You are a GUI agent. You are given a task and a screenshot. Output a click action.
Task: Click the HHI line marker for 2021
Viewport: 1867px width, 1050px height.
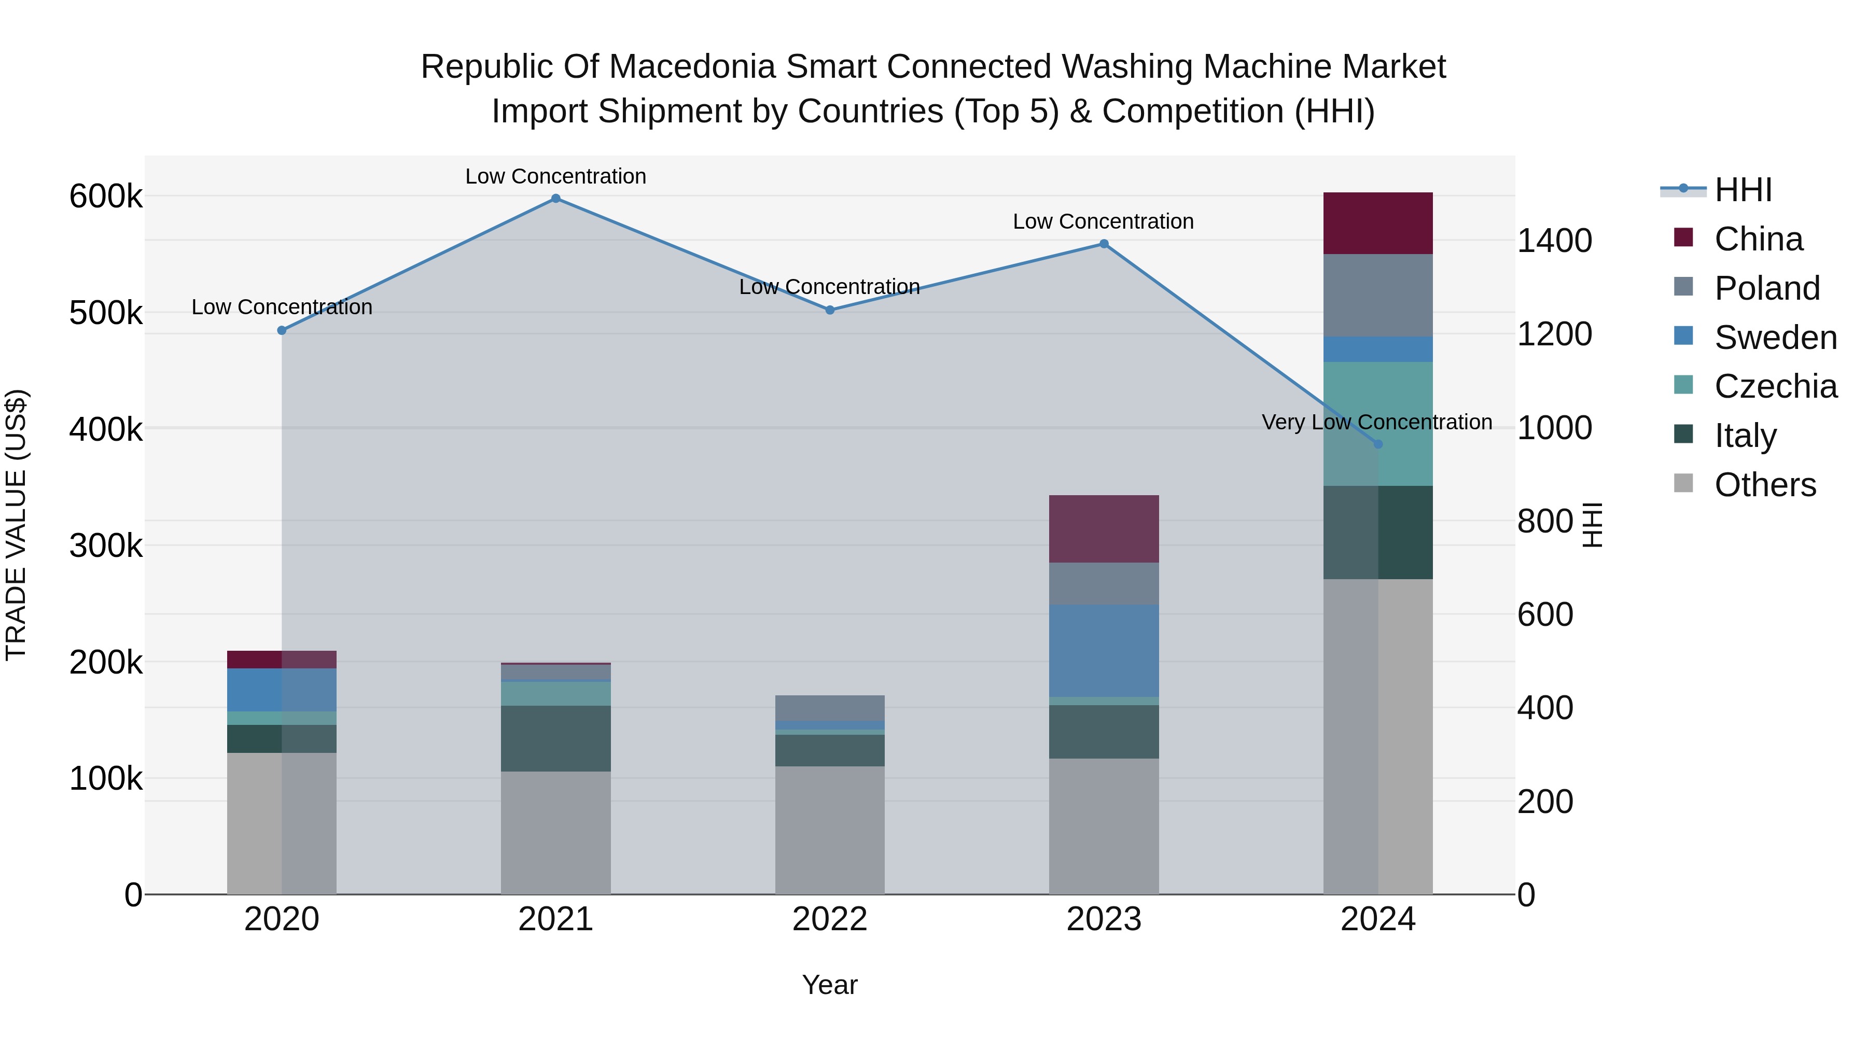tap(556, 199)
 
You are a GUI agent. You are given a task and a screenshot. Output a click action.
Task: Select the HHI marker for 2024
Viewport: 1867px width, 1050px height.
tap(1378, 444)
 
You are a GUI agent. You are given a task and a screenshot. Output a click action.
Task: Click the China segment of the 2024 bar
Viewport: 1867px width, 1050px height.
tap(1378, 223)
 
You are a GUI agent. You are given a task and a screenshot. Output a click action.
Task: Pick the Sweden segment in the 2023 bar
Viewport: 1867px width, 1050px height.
tap(1104, 651)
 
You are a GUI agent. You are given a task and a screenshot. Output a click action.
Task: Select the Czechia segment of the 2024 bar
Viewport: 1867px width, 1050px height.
tap(1378, 424)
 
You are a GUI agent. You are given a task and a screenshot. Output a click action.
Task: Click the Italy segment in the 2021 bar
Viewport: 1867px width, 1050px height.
tap(556, 738)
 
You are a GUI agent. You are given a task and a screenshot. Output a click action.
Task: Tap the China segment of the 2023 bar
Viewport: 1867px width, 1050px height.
tap(1104, 529)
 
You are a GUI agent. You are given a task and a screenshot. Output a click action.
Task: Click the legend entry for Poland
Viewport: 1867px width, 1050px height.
tap(1766, 288)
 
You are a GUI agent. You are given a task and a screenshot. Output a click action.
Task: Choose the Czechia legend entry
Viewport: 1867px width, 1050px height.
tap(1775, 386)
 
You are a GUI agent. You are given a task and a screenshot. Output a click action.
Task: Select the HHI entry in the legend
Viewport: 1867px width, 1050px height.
tap(1743, 190)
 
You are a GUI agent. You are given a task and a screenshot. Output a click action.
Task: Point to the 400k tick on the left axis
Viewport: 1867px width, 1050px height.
tap(106, 429)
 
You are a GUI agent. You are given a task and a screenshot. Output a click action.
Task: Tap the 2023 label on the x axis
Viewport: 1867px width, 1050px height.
tap(1104, 919)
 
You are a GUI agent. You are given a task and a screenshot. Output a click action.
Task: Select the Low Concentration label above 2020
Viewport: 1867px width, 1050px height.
tap(282, 307)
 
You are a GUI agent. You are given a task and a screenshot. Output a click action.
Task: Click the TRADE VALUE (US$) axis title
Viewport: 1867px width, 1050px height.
tap(16, 525)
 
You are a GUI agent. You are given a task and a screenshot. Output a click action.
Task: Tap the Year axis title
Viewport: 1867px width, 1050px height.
tap(830, 985)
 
